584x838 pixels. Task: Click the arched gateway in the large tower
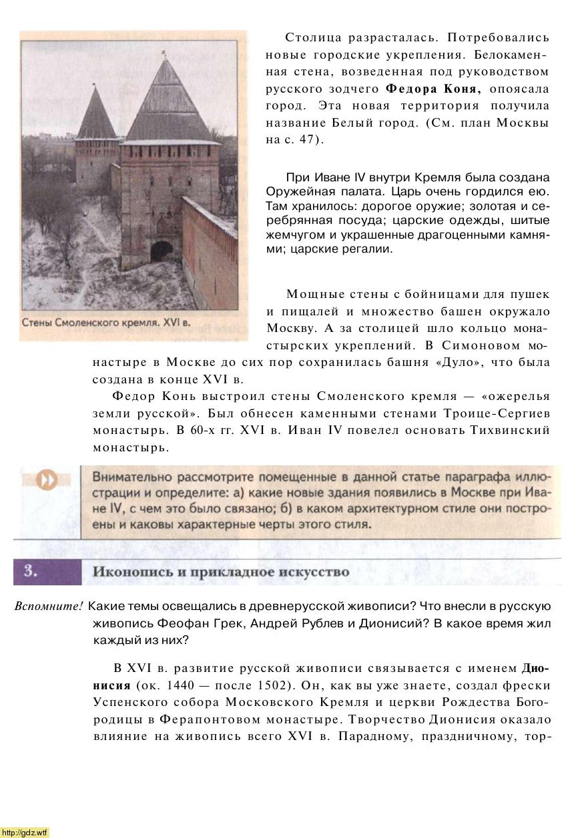tap(162, 252)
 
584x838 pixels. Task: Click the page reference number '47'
tap(306, 141)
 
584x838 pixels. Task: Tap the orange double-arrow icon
tap(47, 481)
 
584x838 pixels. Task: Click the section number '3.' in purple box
tap(30, 572)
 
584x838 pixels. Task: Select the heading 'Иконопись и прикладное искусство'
tap(220, 572)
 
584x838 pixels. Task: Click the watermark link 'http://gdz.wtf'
tap(25, 832)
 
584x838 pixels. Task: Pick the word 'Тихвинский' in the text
tap(513, 431)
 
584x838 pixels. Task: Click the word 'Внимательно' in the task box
tap(132, 477)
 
